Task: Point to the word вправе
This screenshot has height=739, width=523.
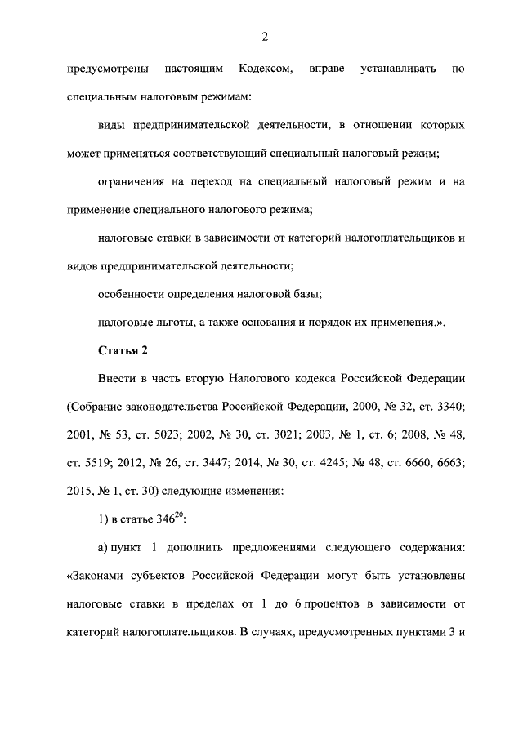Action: click(325, 71)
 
